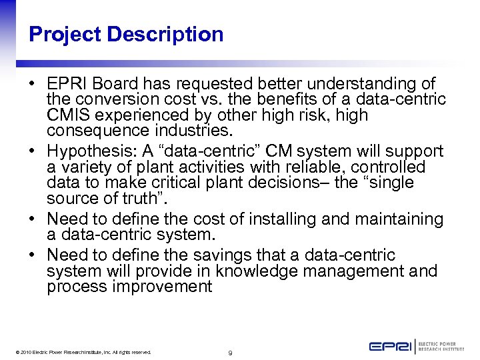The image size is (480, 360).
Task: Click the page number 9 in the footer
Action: click(229, 352)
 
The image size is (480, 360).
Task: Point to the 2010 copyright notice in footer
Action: click(81, 352)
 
